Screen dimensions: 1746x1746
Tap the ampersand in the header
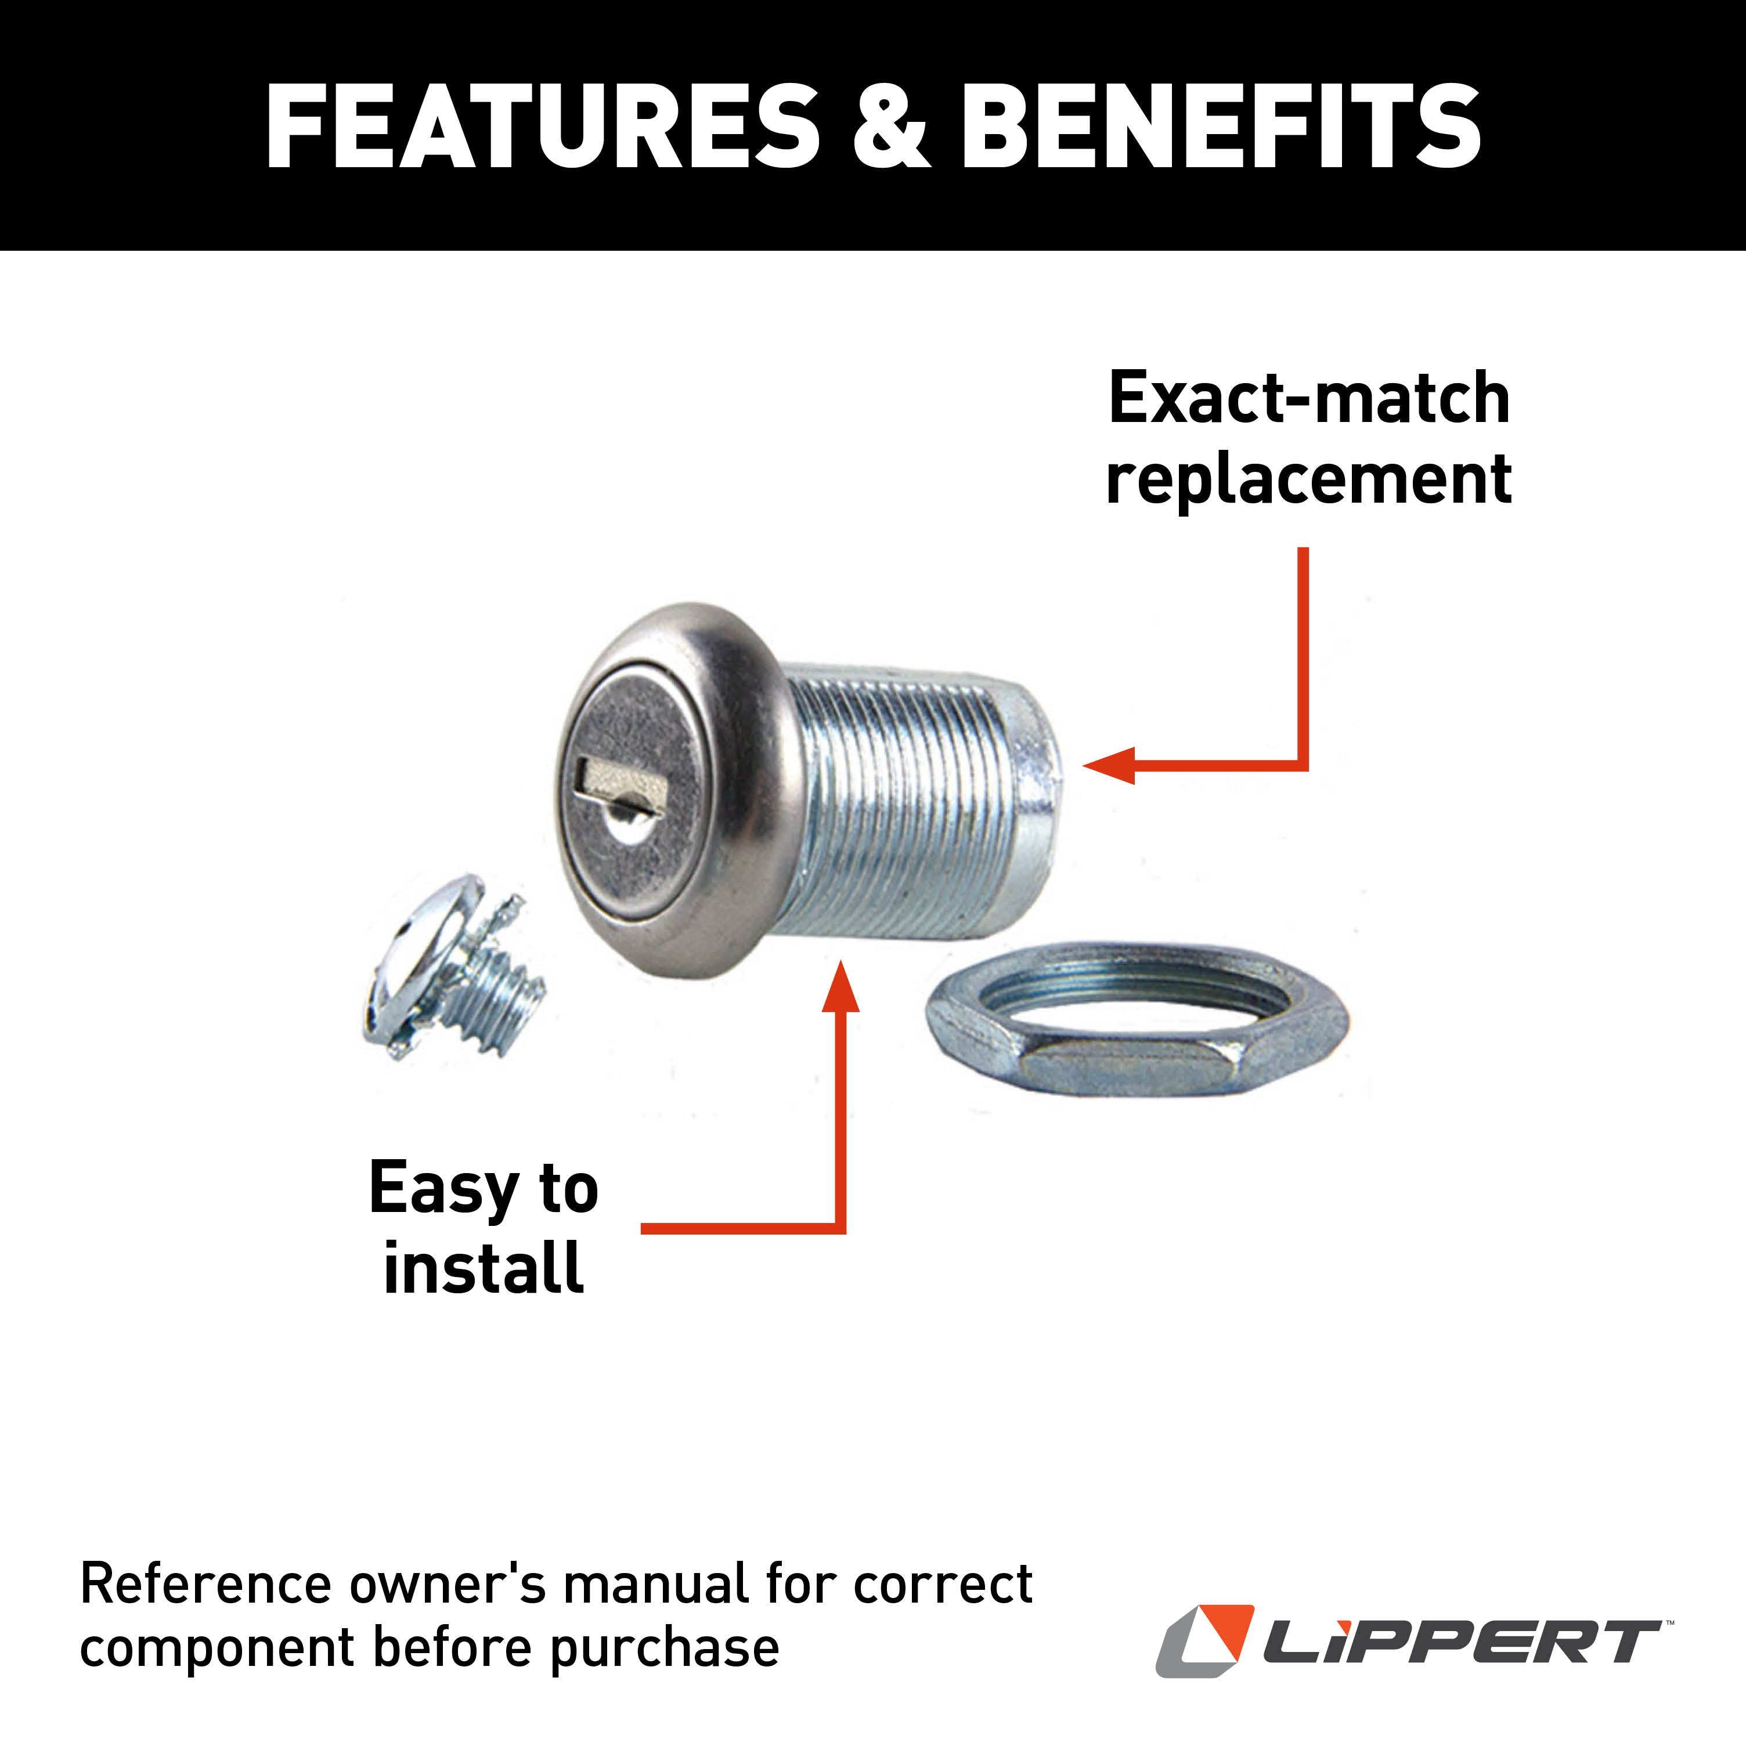point(890,127)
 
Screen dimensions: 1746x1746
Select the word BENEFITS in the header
point(1220,127)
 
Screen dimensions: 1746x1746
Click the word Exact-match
point(1308,399)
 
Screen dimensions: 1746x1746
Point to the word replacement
point(1308,479)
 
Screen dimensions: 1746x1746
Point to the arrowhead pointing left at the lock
point(1110,766)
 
